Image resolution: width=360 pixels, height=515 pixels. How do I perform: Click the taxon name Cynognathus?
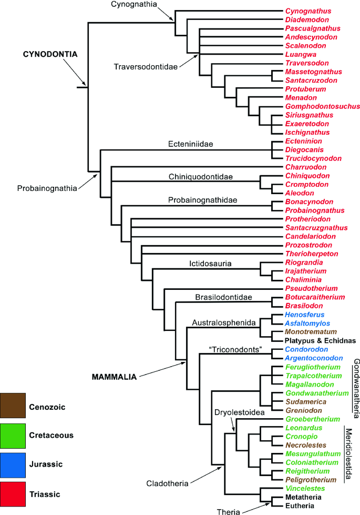pyautogui.click(x=305, y=11)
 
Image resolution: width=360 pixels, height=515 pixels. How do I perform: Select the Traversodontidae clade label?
pyautogui.click(x=145, y=67)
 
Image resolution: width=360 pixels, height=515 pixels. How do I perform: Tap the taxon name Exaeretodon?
pyautogui.click(x=304, y=124)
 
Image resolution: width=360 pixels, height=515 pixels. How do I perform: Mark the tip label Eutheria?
pyautogui.click(x=300, y=506)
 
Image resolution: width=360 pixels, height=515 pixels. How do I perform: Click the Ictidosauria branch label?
pyautogui.click(x=210, y=264)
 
